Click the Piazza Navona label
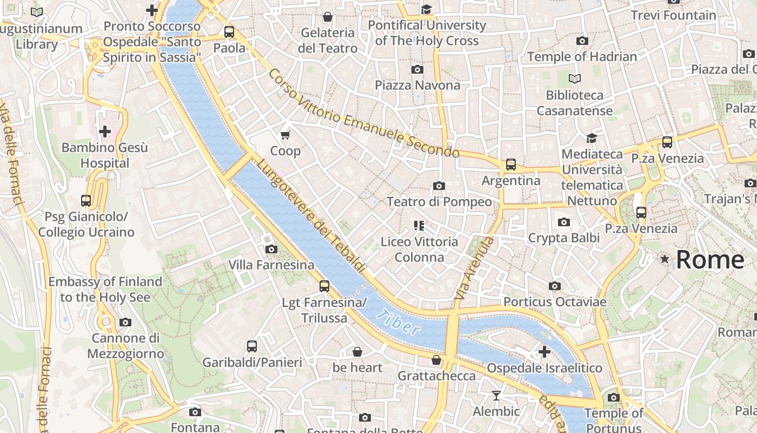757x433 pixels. [417, 85]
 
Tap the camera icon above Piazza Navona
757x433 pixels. [417, 69]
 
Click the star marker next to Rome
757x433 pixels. [665, 260]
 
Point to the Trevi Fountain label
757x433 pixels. [674, 15]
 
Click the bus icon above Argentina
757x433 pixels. [511, 165]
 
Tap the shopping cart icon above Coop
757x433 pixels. [285, 135]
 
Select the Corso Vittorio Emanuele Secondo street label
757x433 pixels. [363, 114]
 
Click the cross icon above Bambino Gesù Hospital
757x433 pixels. [105, 131]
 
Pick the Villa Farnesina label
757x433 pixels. [271, 265]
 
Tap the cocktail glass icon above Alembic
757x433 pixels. [496, 396]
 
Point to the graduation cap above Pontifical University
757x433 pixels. [427, 9]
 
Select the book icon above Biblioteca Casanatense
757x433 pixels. [575, 79]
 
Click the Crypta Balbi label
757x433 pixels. [564, 238]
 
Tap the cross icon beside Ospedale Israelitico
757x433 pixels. [544, 352]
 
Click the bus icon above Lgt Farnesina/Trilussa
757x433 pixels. [324, 286]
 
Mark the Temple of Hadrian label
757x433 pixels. [582, 56]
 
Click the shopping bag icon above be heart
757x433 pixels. [357, 352]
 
